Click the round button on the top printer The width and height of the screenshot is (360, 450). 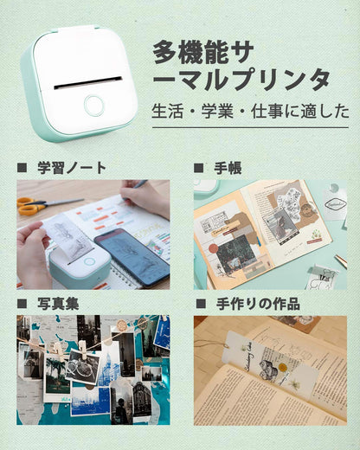tap(93, 106)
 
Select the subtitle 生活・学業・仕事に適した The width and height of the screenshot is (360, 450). tap(250, 111)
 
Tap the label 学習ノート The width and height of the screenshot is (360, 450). tap(73, 167)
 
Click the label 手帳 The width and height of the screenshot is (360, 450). tap(231, 167)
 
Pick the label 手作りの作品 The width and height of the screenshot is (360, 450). tap(258, 303)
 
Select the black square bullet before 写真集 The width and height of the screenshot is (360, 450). tap(22, 303)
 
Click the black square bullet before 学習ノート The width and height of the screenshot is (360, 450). tap(22, 167)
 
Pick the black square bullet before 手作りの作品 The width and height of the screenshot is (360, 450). tap(199, 303)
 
